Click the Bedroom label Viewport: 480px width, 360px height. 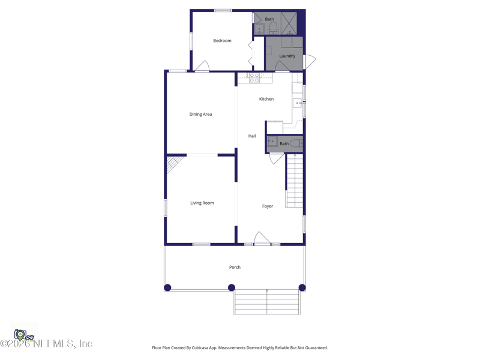[x=222, y=41]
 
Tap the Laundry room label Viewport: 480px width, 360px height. [x=287, y=56]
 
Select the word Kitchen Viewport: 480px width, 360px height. [x=266, y=99]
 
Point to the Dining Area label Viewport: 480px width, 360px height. [x=200, y=114]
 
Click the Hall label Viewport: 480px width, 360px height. [x=252, y=136]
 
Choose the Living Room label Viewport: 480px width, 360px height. [x=202, y=203]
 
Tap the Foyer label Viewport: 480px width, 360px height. [x=268, y=206]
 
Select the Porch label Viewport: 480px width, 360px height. [x=235, y=267]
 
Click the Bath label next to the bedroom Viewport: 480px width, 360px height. [x=269, y=19]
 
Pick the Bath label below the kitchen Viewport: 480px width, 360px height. [x=284, y=144]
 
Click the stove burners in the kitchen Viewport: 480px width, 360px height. [x=254, y=77]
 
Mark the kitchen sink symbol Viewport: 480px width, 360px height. [x=298, y=103]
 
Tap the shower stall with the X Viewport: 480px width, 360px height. [x=289, y=23]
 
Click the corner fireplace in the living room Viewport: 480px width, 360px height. [x=174, y=163]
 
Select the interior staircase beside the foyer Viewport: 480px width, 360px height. [x=294, y=181]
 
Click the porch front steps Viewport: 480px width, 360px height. [x=267, y=302]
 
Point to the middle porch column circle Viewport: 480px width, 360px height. [x=232, y=288]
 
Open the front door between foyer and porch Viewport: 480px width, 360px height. [x=262, y=239]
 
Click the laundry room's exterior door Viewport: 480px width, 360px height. [x=309, y=62]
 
